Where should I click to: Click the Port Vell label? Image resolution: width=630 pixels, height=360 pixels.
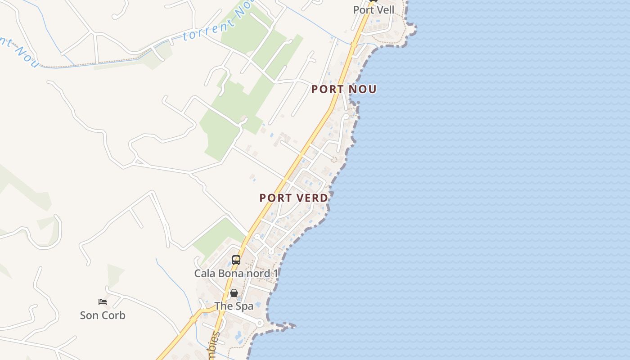(373, 10)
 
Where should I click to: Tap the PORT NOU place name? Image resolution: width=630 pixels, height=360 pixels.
(344, 89)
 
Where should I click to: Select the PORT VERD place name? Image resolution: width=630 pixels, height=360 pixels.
(294, 198)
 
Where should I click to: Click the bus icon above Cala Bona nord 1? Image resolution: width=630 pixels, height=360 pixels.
(236, 260)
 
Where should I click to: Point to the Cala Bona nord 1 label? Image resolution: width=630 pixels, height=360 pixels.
(236, 273)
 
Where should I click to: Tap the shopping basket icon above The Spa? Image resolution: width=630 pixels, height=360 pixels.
(234, 293)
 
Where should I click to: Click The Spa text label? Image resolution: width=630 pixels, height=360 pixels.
(234, 306)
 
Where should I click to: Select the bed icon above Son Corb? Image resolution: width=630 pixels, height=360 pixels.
(103, 302)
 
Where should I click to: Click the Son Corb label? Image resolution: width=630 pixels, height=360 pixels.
(103, 315)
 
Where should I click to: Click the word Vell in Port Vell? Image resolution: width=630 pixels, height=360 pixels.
(385, 10)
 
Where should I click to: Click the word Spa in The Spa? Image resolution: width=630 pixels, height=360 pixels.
(244, 306)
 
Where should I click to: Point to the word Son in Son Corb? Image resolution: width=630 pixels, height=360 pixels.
(89, 315)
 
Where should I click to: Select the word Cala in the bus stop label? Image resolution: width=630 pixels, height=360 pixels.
(205, 273)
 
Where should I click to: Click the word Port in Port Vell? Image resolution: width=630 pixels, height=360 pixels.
(363, 10)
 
